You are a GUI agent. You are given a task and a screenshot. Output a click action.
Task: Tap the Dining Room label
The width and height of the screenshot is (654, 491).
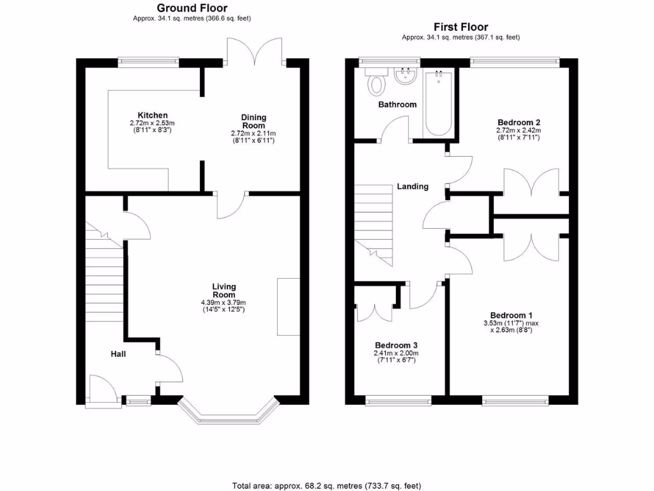coord(254,121)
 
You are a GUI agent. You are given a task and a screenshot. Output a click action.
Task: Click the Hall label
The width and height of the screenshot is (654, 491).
coord(118,354)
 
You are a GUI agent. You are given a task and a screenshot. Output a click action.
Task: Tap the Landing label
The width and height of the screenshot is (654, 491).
coord(413,187)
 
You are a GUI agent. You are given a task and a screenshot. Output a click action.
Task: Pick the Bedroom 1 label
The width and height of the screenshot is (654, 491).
coord(511,315)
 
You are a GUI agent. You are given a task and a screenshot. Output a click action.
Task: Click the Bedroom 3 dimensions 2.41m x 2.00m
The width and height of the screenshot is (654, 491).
coord(396,353)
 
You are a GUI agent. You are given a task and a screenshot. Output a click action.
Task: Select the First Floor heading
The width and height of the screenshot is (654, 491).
coord(460,27)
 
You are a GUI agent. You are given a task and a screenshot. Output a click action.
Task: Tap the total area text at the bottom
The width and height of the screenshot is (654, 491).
coord(327,485)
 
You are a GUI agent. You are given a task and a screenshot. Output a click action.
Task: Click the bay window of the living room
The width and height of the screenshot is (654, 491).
coord(229,412)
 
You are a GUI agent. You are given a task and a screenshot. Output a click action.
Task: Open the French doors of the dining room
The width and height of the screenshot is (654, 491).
coord(255,51)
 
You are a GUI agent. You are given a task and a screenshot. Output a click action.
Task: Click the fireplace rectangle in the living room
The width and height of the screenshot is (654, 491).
coord(288,306)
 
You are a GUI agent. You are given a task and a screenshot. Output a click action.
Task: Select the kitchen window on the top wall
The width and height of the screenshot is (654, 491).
coord(148,62)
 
